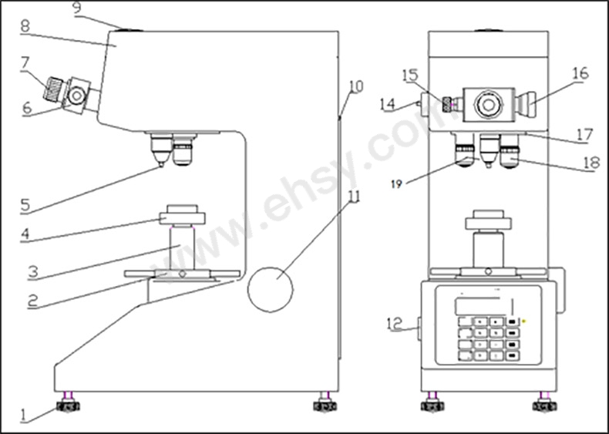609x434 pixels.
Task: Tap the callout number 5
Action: [x=25, y=206]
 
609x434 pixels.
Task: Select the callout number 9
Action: [x=78, y=9]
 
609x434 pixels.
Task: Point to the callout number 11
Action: [x=354, y=197]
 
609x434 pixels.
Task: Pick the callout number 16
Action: [x=580, y=74]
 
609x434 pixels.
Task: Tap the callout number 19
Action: [x=396, y=183]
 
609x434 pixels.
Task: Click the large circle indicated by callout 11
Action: [x=271, y=290]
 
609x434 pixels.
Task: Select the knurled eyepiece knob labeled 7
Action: [x=52, y=89]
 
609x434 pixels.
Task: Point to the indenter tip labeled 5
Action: [x=160, y=167]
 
